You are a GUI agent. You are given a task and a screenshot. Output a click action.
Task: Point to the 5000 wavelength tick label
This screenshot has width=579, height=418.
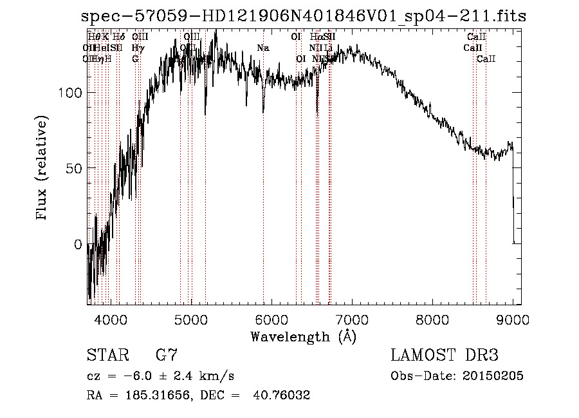point(191,319)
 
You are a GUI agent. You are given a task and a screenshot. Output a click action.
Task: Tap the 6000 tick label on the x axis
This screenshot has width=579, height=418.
point(271,319)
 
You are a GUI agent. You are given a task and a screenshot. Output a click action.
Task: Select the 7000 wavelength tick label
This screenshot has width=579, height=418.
point(352,319)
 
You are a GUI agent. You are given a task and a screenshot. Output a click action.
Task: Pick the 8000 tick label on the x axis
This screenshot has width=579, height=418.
point(432,319)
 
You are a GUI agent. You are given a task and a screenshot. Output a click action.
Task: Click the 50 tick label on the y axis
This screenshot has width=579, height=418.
point(75,168)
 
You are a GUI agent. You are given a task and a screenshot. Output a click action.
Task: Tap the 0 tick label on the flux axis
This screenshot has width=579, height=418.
point(78,244)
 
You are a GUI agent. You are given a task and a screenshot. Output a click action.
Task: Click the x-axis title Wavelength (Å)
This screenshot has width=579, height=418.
point(303,336)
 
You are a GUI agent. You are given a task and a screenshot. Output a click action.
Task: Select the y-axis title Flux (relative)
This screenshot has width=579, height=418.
point(43,169)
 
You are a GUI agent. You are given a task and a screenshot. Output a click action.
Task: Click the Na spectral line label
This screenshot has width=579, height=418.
point(262,48)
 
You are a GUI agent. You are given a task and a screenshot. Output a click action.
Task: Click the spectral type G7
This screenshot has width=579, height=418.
point(166,356)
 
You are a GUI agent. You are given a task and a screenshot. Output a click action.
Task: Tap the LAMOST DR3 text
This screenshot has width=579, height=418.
point(445,356)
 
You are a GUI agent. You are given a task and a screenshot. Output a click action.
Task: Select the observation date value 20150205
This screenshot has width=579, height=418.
point(496,375)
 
